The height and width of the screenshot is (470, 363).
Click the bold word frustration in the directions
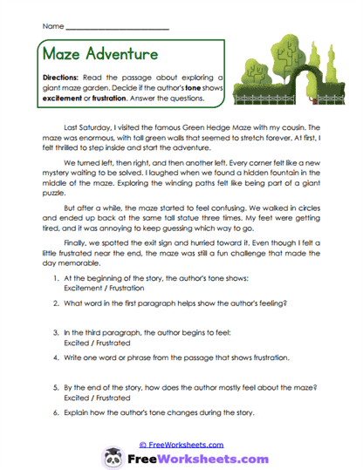pos(126,99)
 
